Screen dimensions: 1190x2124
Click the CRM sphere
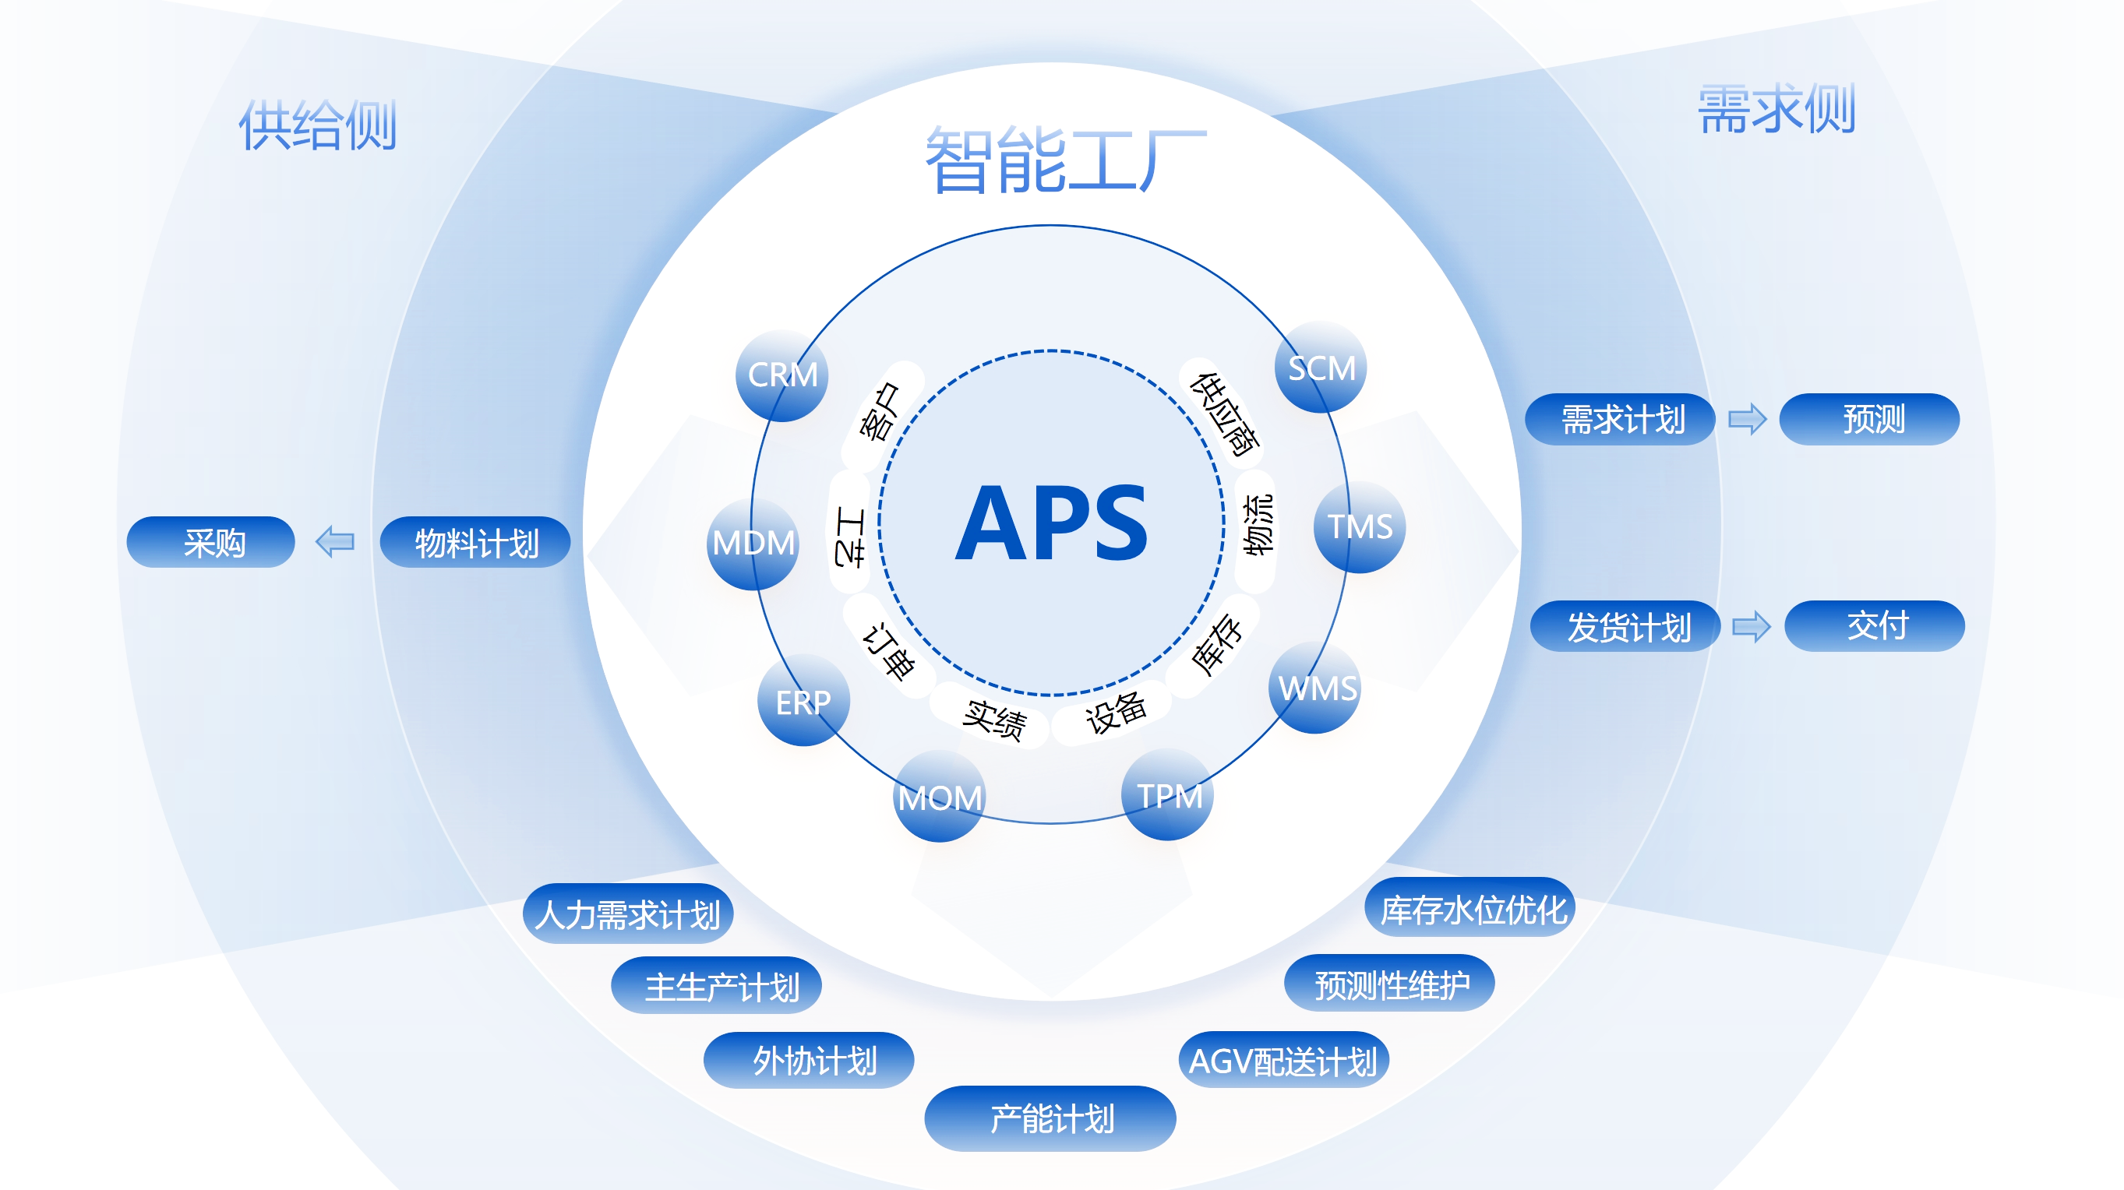[782, 376]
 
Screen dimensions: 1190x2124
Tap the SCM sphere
[1321, 368]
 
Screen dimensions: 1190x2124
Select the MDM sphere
[753, 543]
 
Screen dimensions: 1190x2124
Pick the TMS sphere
[1360, 526]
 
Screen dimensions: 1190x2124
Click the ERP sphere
[803, 702]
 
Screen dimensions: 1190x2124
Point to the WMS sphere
[1315, 688]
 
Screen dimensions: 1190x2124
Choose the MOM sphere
[939, 797]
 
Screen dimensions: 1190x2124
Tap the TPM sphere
[1167, 795]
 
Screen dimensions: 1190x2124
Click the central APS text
[1051, 523]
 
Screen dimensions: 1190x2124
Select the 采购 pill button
[211, 542]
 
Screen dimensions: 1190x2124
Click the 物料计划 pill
[475, 542]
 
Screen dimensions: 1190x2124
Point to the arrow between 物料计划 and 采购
[336, 542]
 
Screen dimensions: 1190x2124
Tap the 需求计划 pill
[1620, 420]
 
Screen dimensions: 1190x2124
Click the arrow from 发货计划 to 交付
[1752, 626]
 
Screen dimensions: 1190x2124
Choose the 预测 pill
[1869, 420]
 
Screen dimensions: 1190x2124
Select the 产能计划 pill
[1050, 1118]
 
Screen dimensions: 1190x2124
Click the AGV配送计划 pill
[1283, 1060]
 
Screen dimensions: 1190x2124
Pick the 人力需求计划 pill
[627, 913]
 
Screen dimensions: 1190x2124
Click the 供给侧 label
[317, 125]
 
